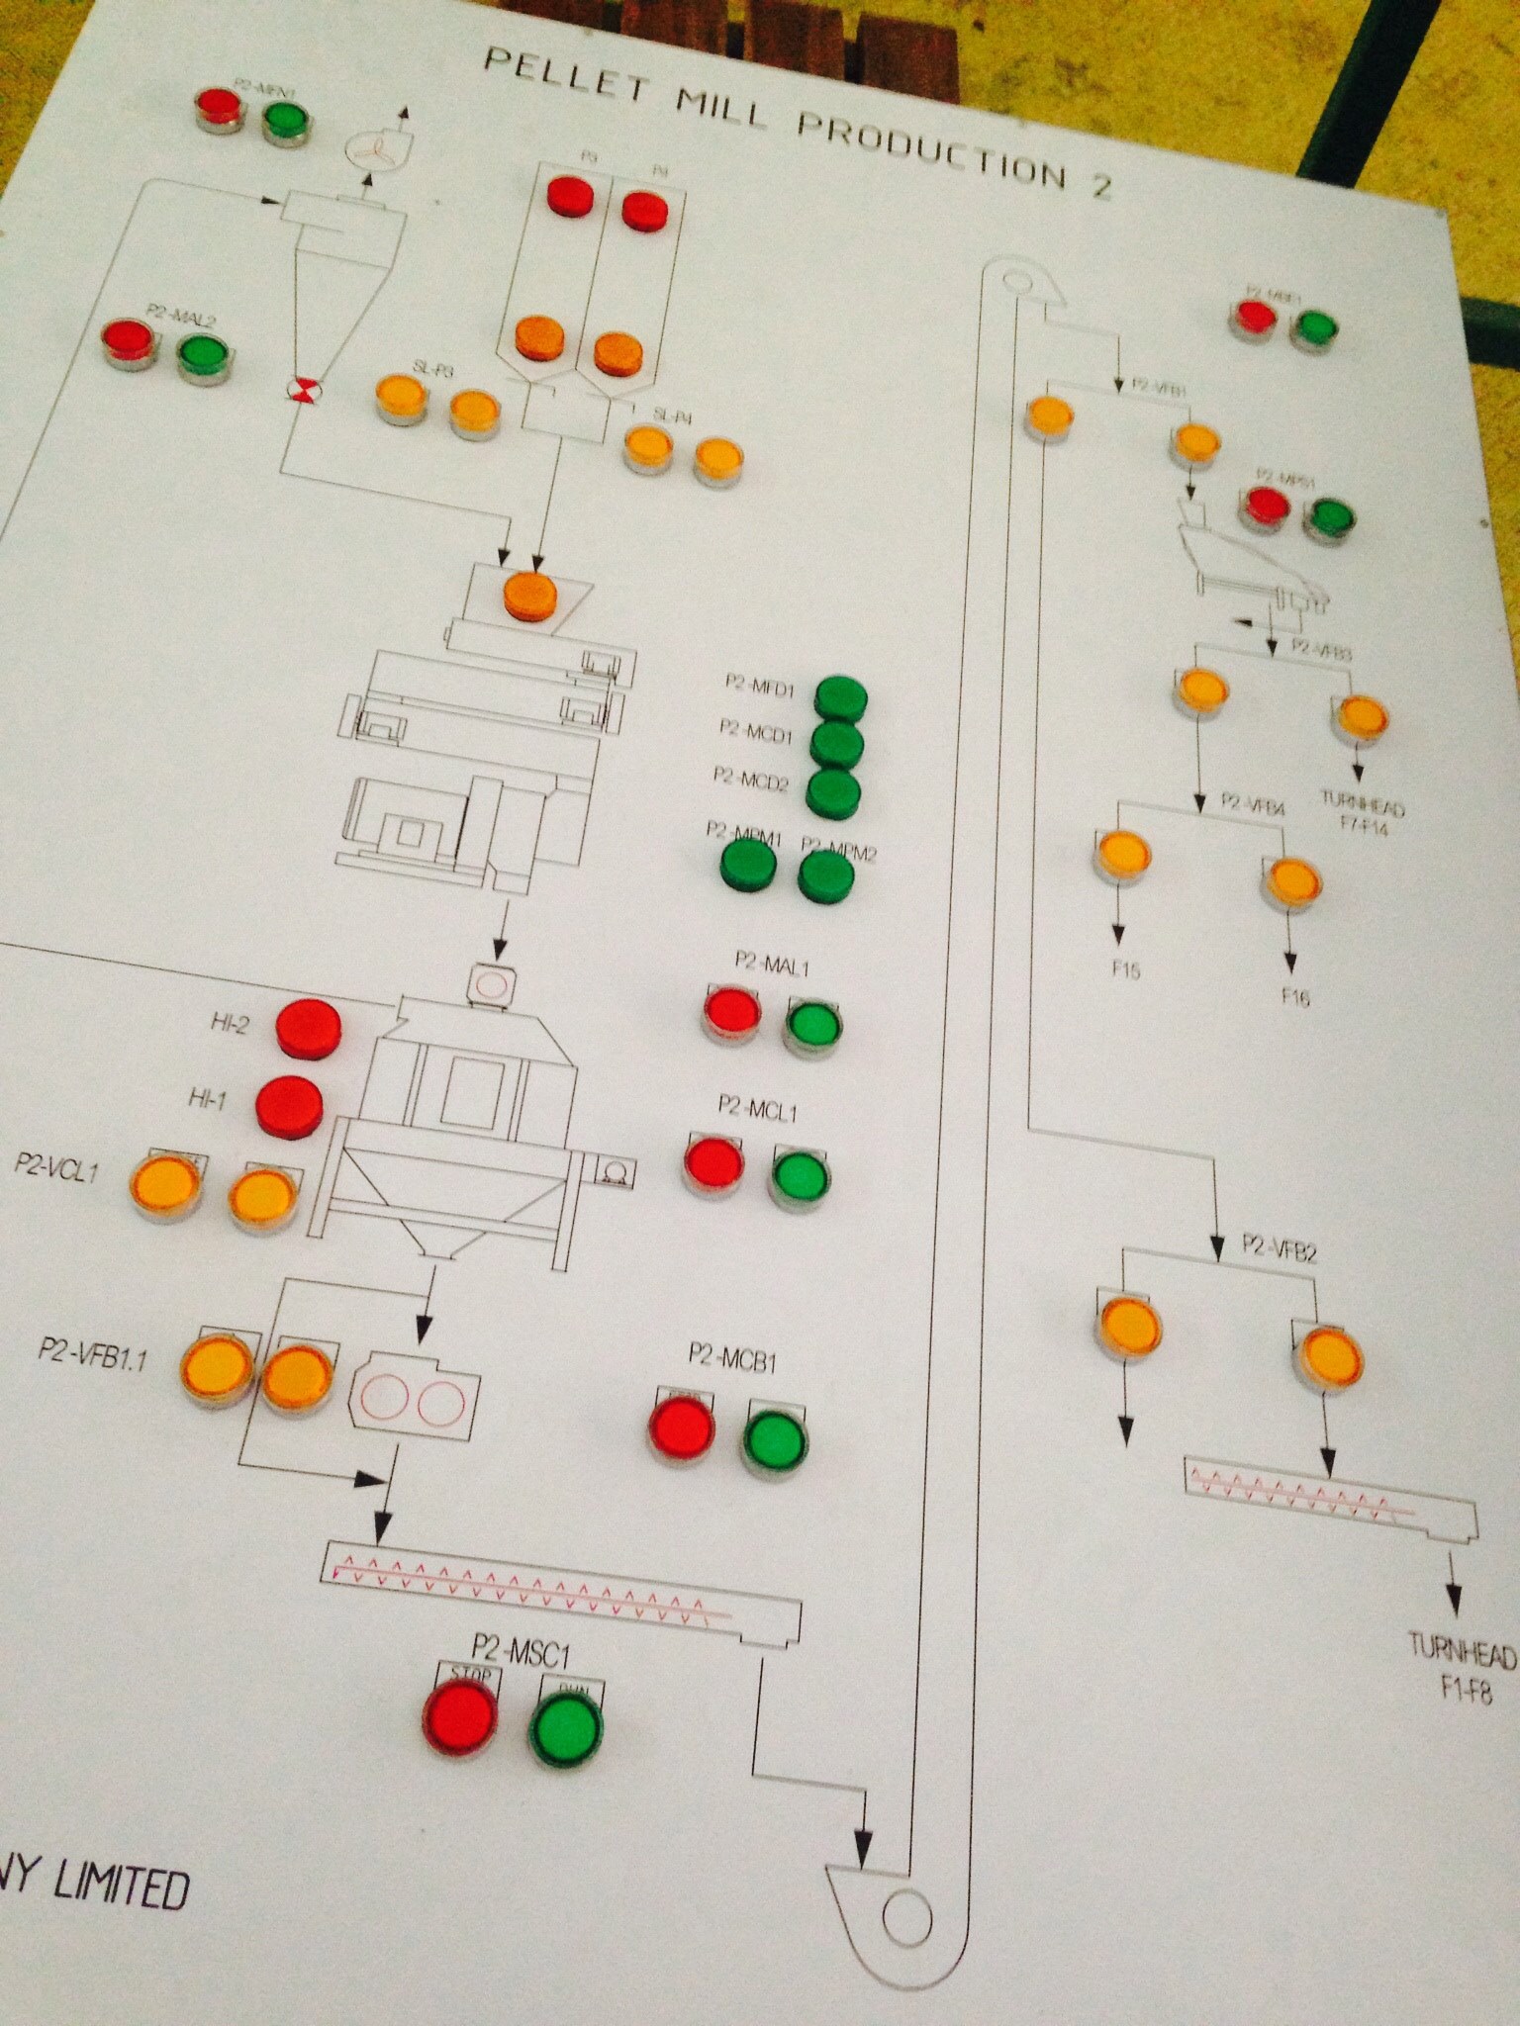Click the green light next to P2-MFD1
tap(840, 699)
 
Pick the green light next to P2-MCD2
tap(832, 792)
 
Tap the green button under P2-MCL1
tap(802, 1178)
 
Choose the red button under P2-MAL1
tap(732, 1013)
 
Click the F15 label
tap(1126, 968)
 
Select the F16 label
tap(1295, 996)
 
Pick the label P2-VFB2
tap(1280, 1250)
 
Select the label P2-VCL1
tap(56, 1165)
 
